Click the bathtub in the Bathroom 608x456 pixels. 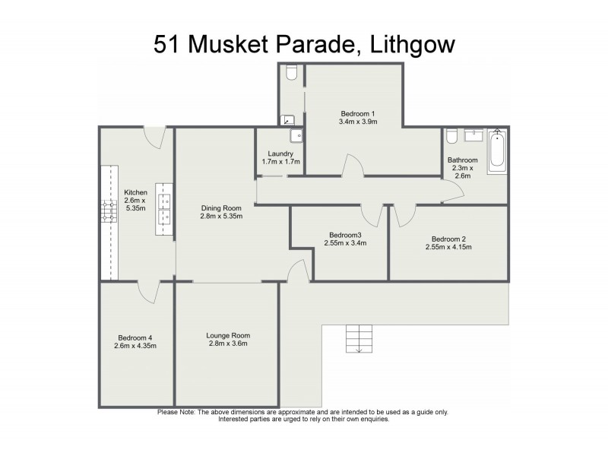click(x=497, y=150)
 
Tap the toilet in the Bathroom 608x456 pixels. click(x=452, y=136)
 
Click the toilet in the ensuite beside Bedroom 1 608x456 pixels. click(x=292, y=72)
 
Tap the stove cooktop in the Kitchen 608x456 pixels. click(x=107, y=211)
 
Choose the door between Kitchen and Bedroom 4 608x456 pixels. click(x=147, y=290)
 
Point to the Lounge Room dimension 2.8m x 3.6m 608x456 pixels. click(x=227, y=344)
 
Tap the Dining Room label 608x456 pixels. click(x=221, y=208)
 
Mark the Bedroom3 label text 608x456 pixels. click(x=344, y=235)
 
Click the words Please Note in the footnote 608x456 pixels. click(x=176, y=412)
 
